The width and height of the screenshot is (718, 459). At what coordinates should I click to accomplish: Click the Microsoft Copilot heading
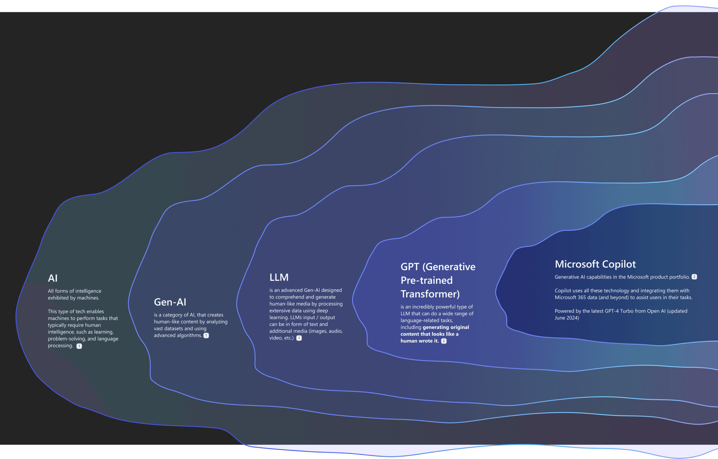pos(595,264)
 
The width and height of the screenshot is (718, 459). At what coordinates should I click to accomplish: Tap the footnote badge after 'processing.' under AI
pos(79,346)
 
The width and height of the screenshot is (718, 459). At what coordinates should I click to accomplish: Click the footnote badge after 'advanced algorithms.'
pos(206,336)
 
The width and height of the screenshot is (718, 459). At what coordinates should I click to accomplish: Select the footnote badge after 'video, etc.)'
pos(299,338)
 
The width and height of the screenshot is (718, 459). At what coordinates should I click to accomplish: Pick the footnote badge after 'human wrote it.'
pos(444,341)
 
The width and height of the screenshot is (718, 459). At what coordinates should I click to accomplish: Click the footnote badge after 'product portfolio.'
pos(694,277)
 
